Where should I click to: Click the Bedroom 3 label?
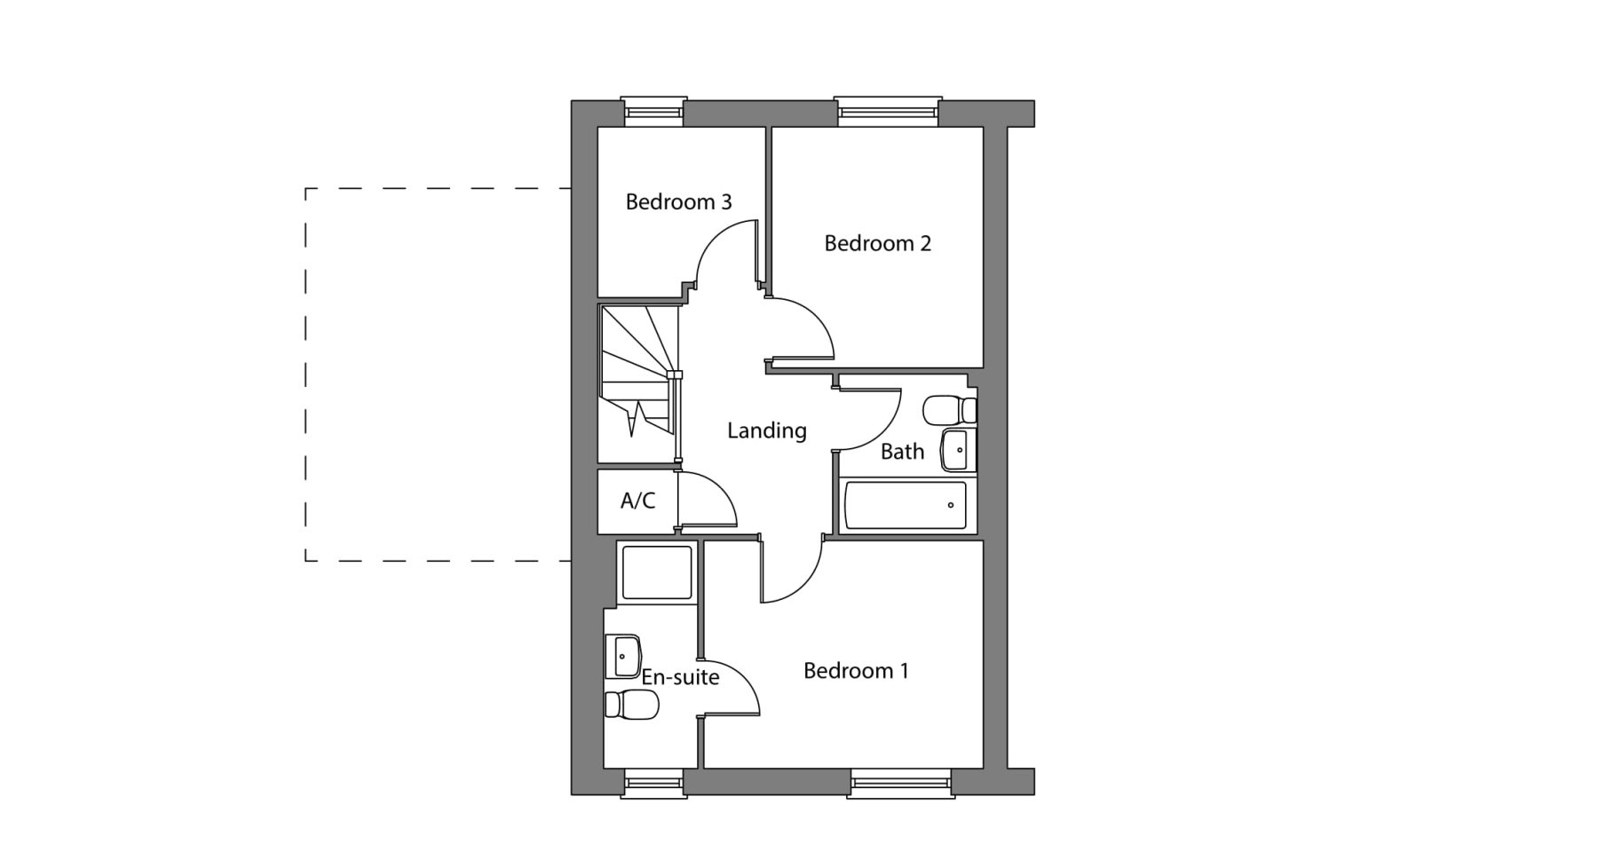click(678, 202)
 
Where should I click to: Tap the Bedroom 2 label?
click(877, 243)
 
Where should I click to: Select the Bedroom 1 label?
click(856, 670)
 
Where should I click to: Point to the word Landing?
click(767, 431)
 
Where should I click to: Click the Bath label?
click(902, 452)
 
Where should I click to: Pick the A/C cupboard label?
click(637, 501)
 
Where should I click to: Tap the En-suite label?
click(680, 677)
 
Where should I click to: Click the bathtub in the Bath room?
click(905, 506)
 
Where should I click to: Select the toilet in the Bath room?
click(950, 411)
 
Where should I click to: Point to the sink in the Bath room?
click(959, 451)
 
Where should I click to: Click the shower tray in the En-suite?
click(657, 572)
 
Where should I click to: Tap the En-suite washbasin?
click(623, 657)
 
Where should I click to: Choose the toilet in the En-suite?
click(631, 705)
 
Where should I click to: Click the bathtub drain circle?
click(951, 506)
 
